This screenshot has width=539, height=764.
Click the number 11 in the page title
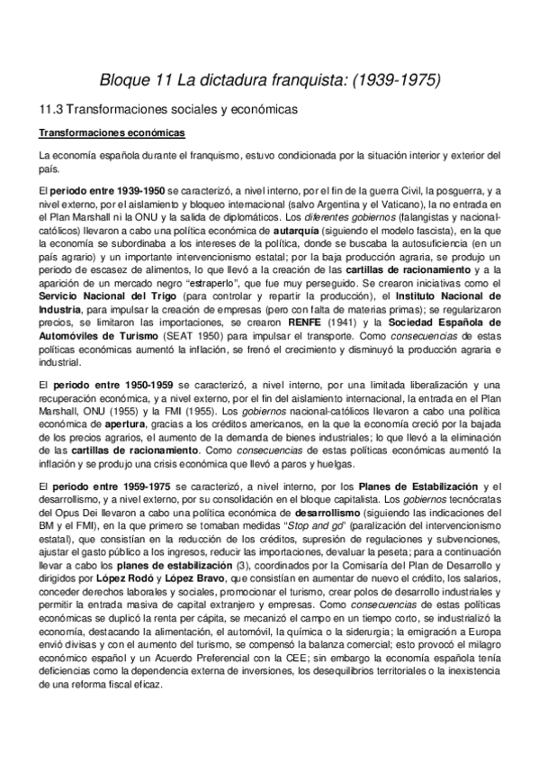[159, 80]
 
